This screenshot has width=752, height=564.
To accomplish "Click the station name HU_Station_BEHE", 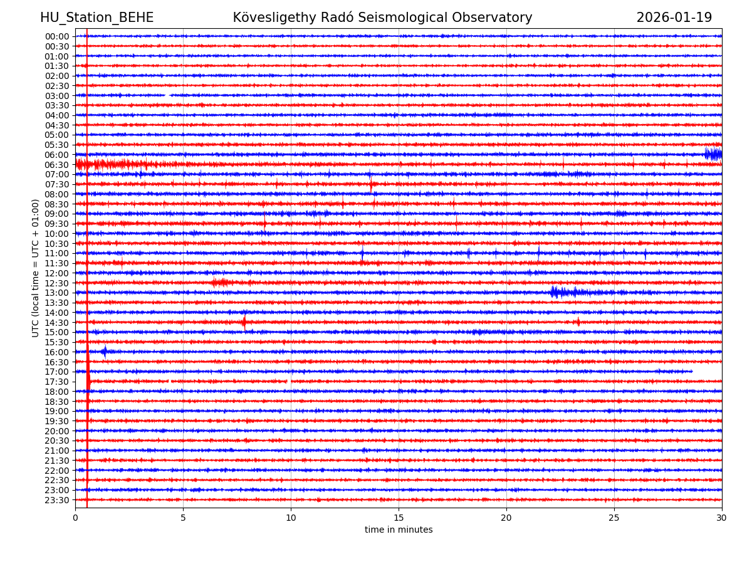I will click(97, 18).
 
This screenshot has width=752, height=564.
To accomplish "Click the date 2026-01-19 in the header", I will click(674, 18).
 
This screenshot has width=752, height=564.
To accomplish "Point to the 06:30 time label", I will click(56, 165).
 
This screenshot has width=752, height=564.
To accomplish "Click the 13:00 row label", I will click(56, 293).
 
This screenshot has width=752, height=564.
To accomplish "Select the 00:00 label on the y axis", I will click(56, 36).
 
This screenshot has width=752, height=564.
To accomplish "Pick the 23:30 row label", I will click(56, 500).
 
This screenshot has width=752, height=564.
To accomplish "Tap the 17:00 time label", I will click(56, 372).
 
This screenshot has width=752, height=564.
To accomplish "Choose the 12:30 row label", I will click(56, 283).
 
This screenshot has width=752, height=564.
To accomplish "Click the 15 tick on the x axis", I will click(399, 518).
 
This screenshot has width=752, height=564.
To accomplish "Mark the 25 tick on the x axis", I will click(614, 518).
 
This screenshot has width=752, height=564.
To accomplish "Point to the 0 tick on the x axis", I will click(75, 518).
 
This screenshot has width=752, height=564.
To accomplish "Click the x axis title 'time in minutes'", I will click(399, 530).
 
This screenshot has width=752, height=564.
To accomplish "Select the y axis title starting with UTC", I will click(36, 268).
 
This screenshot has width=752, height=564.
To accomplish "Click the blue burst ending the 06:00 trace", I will click(713, 154).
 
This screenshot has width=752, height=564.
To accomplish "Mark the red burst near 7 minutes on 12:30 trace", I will click(221, 283).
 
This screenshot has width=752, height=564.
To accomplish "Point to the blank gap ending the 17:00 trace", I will click(707, 372).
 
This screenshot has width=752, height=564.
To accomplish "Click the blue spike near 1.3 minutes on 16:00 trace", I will click(105, 352).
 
